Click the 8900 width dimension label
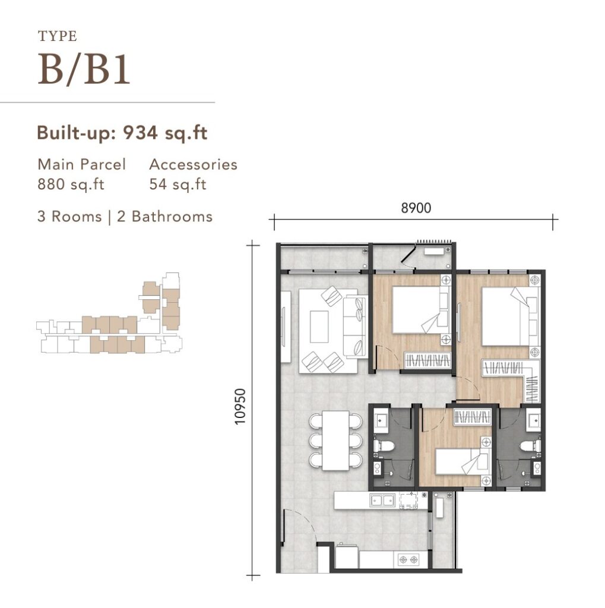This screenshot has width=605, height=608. pyautogui.click(x=416, y=208)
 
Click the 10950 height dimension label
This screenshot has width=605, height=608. pyautogui.click(x=240, y=407)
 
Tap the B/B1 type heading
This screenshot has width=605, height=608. pyautogui.click(x=84, y=70)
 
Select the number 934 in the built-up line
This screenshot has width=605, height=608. pyautogui.click(x=140, y=133)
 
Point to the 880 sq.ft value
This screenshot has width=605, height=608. pyautogui.click(x=71, y=184)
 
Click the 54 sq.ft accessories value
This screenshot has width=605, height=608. pyautogui.click(x=178, y=184)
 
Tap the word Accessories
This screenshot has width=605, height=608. pyautogui.click(x=193, y=164)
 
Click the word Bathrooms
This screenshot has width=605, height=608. pyautogui.click(x=172, y=216)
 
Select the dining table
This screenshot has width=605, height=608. pyautogui.click(x=336, y=441)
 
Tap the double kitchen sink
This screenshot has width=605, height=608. pyautogui.click(x=382, y=500)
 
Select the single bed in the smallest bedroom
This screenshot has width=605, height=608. pyautogui.click(x=460, y=461)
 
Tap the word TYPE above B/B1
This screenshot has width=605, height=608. pyautogui.click(x=58, y=36)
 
